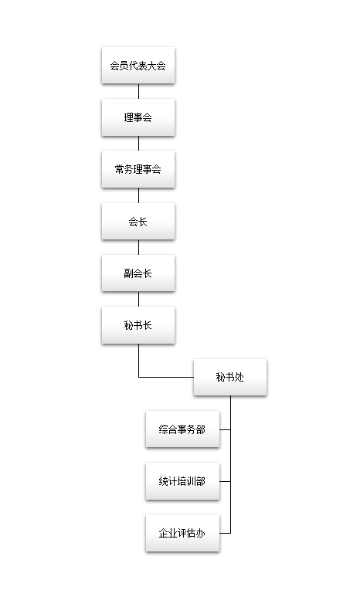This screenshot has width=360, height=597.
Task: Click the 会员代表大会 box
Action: click(x=138, y=66)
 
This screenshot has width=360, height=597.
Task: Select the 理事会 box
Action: click(x=138, y=117)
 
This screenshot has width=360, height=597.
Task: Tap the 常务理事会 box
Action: click(x=138, y=169)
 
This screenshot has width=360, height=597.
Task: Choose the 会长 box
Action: click(x=138, y=221)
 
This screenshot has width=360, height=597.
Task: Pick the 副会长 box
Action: click(x=138, y=273)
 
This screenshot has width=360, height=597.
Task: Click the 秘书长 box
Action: click(x=138, y=325)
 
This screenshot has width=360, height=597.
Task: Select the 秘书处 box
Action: click(x=230, y=377)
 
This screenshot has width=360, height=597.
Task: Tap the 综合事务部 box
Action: click(x=183, y=429)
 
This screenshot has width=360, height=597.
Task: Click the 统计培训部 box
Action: click(x=183, y=481)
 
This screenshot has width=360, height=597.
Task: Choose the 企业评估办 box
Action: click(x=183, y=533)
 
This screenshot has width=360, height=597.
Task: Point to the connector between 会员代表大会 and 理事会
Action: click(x=138, y=91)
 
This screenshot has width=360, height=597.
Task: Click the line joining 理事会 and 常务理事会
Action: click(x=138, y=143)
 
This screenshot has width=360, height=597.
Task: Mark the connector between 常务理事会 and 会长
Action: click(x=138, y=195)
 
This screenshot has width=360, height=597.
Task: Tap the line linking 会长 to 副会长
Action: click(x=138, y=247)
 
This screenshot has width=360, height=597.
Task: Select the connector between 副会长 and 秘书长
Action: click(x=138, y=299)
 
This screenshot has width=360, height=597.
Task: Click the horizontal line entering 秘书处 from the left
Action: click(x=166, y=378)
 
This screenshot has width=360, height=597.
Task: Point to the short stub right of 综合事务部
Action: click(x=225, y=429)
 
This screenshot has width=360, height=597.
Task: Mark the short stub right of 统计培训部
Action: click(x=225, y=481)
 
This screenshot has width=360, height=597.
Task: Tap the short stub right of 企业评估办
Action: click(x=225, y=533)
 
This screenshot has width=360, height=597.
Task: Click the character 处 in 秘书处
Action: click(x=239, y=377)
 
